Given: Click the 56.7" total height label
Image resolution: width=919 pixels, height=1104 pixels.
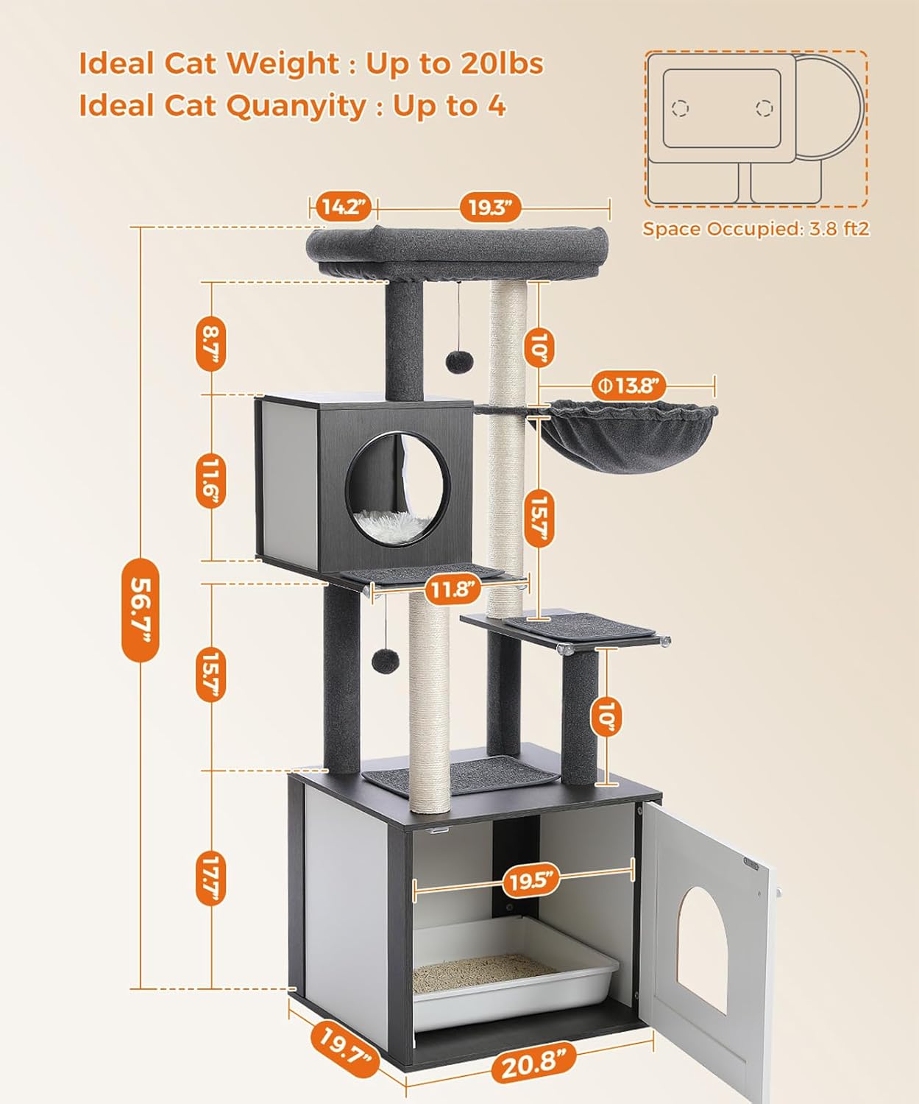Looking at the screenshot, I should coord(140,610).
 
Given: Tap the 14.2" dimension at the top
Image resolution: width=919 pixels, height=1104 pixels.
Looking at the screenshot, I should coord(344,207).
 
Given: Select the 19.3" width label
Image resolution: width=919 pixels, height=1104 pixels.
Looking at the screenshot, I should coord(490,208).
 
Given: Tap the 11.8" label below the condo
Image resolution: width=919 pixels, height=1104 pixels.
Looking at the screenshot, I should coord(452,589).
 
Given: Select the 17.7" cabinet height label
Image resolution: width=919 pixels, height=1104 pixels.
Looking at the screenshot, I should coord(210,878).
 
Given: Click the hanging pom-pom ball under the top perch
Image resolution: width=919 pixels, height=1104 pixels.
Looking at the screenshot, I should coord(455,362).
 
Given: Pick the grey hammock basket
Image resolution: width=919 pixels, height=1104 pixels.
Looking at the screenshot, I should coord(634,436).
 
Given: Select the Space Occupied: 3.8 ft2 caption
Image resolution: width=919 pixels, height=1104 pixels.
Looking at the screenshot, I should coord(756,229).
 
